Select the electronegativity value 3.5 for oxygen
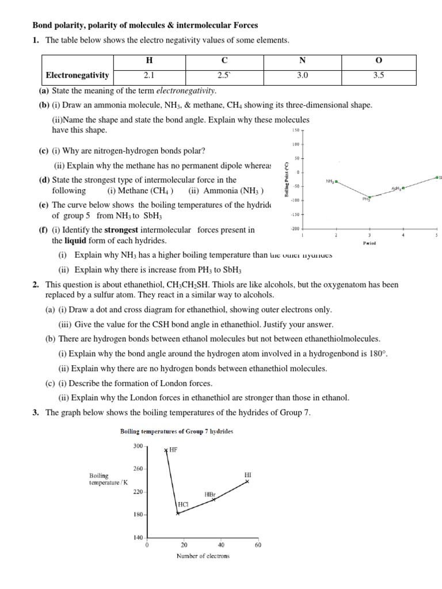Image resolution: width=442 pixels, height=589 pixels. (x=378, y=75)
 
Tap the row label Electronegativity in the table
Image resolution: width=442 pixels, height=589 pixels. (x=78, y=75)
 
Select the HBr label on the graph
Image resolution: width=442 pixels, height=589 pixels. (x=210, y=494)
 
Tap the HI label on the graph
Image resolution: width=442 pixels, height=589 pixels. (x=247, y=475)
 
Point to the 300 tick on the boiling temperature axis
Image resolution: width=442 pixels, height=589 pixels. (x=138, y=446)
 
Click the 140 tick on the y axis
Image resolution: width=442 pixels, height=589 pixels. (x=138, y=537)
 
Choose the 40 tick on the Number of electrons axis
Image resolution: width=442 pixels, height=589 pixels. (x=221, y=545)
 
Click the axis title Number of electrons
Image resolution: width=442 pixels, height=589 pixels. (x=202, y=556)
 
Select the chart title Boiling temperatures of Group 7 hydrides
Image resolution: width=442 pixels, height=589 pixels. (x=176, y=431)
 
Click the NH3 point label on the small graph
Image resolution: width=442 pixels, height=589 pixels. (x=330, y=181)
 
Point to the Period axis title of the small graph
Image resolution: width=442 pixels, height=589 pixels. (x=369, y=243)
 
